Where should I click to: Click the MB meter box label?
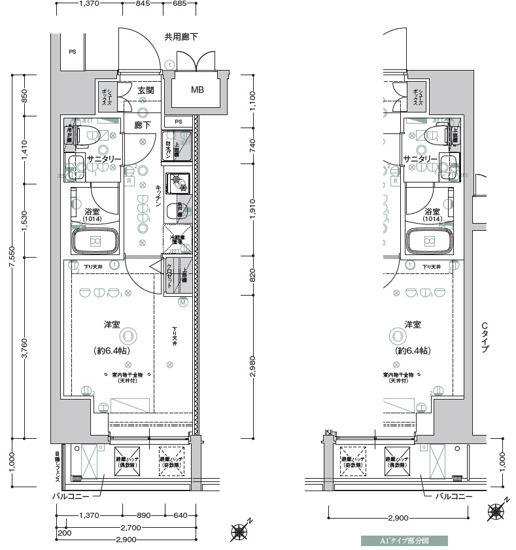[197, 90]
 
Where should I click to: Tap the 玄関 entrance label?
[145, 91]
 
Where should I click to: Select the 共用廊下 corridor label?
[181, 37]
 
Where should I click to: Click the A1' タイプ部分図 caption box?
[404, 541]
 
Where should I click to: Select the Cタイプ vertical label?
[485, 337]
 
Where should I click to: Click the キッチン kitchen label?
[158, 196]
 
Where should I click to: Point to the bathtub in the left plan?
[95, 241]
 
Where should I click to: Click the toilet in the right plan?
[432, 135]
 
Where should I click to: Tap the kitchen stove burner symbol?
[177, 182]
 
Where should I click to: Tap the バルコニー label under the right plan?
[454, 497]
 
